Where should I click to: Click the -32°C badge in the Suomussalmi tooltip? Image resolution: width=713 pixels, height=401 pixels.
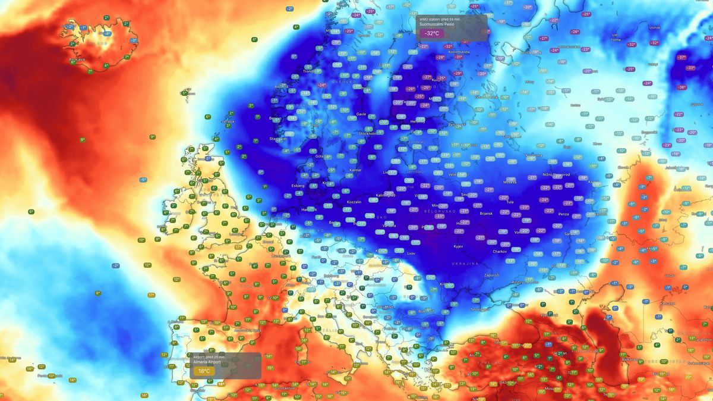click(432, 33)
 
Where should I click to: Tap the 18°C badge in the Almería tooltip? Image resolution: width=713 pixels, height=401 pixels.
click(204, 371)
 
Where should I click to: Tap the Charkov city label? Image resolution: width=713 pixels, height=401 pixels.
click(483, 252)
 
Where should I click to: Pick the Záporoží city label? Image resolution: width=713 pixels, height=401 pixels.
click(491, 275)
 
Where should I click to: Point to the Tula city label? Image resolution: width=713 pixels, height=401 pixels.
click(509, 202)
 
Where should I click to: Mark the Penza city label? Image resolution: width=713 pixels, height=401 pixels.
click(564, 214)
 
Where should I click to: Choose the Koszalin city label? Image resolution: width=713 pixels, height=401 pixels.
click(354, 202)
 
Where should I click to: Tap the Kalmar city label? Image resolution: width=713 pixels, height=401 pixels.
click(355, 170)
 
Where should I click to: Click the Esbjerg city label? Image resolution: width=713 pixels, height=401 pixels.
click(298, 186)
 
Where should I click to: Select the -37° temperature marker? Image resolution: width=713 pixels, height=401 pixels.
click(682, 58)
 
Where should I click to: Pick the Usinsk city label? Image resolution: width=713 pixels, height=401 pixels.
click(655, 27)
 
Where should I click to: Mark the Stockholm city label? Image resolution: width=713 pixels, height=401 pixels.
click(368, 134)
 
